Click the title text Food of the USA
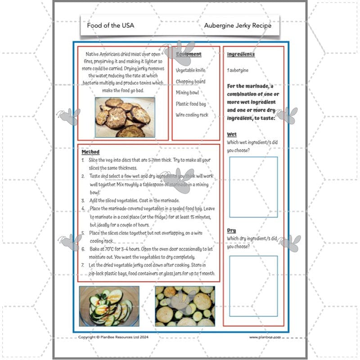tap(110, 25)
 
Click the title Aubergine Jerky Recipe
tap(238, 25)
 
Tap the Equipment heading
tap(189, 54)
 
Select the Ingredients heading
tap(241, 54)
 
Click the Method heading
tap(90, 152)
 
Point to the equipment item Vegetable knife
tap(190, 70)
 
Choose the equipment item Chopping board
tap(190, 81)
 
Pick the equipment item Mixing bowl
tap(187, 93)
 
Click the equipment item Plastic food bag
tap(191, 104)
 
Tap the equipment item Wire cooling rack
tap(192, 115)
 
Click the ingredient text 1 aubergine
tap(238, 71)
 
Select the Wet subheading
tap(232, 135)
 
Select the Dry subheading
tap(232, 231)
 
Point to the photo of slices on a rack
tap(185, 306)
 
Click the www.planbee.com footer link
tap(265, 337)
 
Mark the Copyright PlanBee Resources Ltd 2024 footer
tap(113, 337)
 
